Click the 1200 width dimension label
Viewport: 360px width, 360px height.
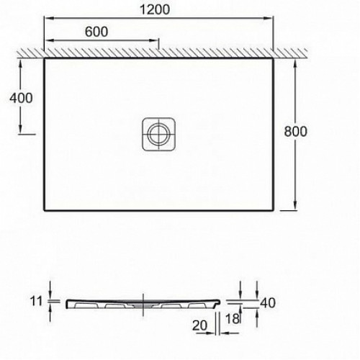155,9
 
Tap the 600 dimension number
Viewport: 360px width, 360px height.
96,32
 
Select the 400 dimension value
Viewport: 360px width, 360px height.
21,98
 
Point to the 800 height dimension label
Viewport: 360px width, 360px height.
295,131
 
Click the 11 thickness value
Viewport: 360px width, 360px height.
36,301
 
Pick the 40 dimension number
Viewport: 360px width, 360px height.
268,303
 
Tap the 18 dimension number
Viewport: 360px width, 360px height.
233,319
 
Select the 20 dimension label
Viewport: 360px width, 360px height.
199,325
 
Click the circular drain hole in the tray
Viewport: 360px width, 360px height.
159,134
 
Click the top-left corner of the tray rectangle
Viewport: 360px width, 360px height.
44,58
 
